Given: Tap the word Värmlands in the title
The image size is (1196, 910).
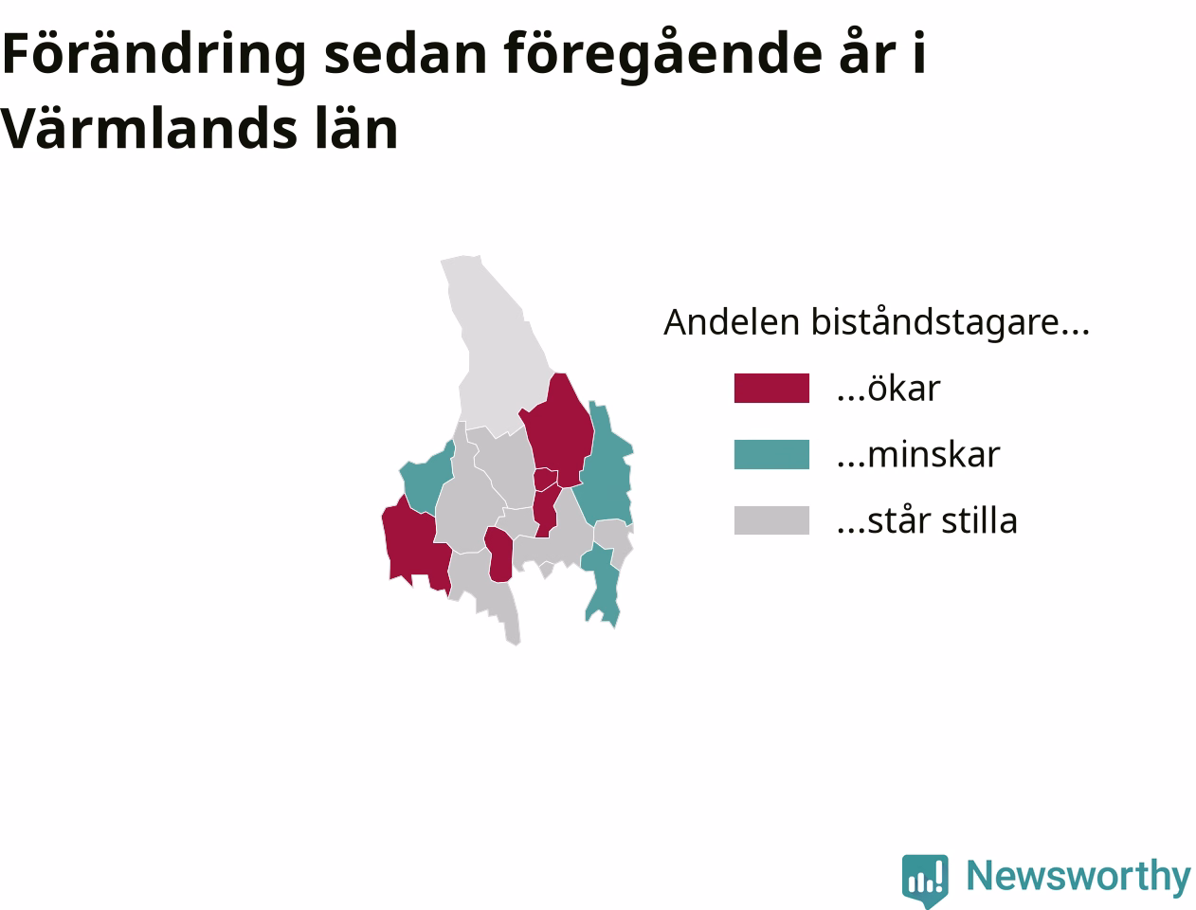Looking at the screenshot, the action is click(148, 129).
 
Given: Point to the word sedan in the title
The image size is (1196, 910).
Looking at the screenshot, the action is click(406, 54).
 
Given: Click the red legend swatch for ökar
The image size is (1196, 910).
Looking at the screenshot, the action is click(771, 388).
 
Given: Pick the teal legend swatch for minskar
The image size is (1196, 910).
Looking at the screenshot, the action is click(771, 454).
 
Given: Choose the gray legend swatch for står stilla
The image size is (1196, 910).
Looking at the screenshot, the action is click(771, 520).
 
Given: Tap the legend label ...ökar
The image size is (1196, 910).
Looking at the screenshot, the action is click(889, 388).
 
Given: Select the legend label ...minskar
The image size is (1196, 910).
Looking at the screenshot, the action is click(918, 454).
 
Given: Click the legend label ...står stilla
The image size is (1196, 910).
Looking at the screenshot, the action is click(927, 520).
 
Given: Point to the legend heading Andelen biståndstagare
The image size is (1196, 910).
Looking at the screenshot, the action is click(877, 322).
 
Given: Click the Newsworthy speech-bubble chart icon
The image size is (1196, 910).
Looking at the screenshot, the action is click(925, 880).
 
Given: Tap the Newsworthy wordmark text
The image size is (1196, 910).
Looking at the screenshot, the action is click(1078, 876).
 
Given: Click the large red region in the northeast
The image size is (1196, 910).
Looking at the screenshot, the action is click(559, 430).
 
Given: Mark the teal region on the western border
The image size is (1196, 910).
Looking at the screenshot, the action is click(426, 480).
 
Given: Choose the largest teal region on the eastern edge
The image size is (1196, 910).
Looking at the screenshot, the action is click(606, 468).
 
